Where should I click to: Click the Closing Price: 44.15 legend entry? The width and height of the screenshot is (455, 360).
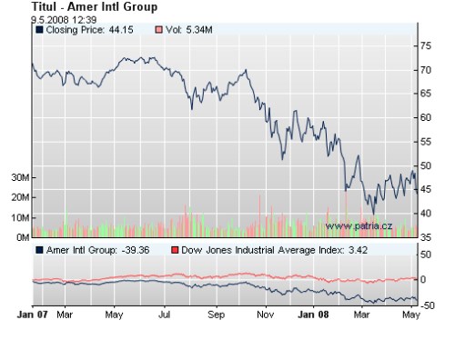click(x=84, y=30)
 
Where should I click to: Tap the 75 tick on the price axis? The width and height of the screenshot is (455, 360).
click(x=425, y=45)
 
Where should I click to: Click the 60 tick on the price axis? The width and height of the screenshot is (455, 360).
click(x=425, y=117)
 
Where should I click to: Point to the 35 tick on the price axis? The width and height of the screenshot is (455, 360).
click(x=425, y=237)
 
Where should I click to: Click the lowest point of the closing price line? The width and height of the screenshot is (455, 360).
click(x=373, y=214)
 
